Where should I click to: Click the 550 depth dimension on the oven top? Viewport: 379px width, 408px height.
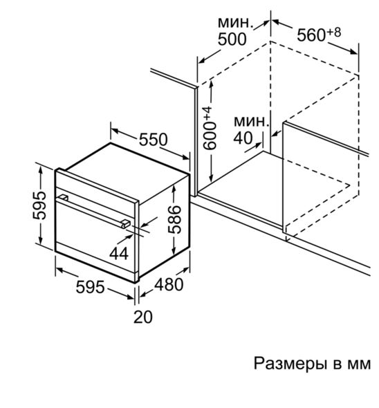click(153, 140)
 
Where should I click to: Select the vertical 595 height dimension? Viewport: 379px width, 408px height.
click(39, 205)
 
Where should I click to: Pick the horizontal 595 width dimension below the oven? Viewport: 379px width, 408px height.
click(90, 287)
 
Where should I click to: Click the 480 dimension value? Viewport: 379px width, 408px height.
click(169, 284)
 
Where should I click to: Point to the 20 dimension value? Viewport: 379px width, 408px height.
click(143, 317)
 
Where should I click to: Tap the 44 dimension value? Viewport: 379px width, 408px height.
click(119, 254)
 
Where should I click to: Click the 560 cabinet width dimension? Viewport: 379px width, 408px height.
click(311, 35)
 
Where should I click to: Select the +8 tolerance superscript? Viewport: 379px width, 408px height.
click(334, 33)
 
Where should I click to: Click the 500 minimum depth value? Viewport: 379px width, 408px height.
click(232, 39)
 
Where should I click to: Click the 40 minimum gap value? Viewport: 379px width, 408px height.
click(243, 138)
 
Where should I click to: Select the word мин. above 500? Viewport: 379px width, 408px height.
click(236, 23)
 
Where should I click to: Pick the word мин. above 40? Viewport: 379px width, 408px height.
click(251, 121)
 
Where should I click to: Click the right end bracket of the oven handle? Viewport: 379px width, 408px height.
click(125, 223)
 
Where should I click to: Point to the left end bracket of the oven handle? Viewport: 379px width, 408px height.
click(64, 198)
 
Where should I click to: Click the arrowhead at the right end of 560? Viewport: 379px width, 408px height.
click(353, 52)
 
